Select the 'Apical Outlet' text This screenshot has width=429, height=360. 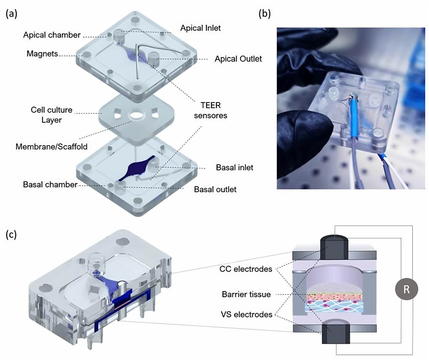(238, 59)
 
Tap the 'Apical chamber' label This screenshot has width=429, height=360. (52, 35)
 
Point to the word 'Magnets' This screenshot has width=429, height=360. (42, 54)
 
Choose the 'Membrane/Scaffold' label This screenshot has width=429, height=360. (52, 146)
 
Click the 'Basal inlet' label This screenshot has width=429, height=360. (234, 167)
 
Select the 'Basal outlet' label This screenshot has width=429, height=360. (215, 189)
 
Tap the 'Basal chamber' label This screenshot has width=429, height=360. (50, 184)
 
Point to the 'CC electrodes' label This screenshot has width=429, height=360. (246, 269)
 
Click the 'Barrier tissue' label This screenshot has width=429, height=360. (246, 294)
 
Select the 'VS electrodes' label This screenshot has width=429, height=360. (246, 315)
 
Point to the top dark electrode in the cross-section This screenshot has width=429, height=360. (335, 247)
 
